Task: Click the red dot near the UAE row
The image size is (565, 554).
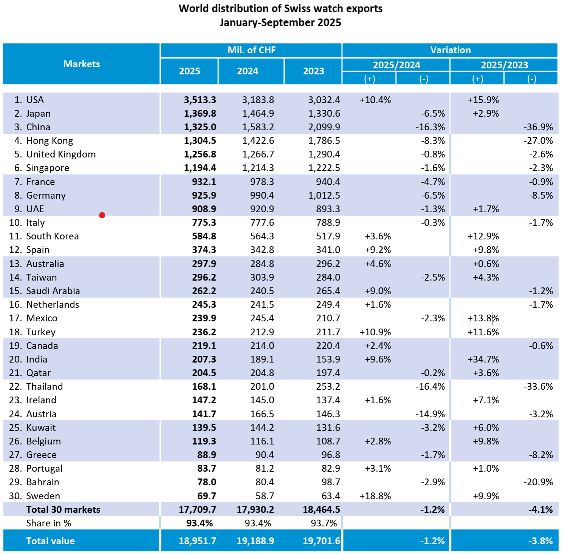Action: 102,215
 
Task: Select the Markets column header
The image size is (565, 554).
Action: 82,64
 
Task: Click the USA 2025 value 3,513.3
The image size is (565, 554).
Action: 200,100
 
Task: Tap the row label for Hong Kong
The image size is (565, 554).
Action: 50,141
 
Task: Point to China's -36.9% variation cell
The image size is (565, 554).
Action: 538,127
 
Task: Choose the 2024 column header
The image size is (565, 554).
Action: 248,71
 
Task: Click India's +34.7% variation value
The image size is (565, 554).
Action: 483,359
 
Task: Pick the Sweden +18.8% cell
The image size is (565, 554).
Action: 375,496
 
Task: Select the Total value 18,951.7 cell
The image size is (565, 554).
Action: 197,541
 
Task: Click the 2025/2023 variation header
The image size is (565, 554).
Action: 504,65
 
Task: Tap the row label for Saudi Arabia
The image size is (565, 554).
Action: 53,291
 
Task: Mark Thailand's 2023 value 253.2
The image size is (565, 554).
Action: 328,386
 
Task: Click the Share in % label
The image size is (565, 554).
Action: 48,523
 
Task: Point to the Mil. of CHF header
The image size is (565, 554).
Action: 251,50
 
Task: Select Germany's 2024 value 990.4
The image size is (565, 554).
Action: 262,195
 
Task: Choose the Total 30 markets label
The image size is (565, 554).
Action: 63,509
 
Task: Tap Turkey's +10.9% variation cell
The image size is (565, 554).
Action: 375,332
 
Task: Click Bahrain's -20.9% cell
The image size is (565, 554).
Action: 538,482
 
